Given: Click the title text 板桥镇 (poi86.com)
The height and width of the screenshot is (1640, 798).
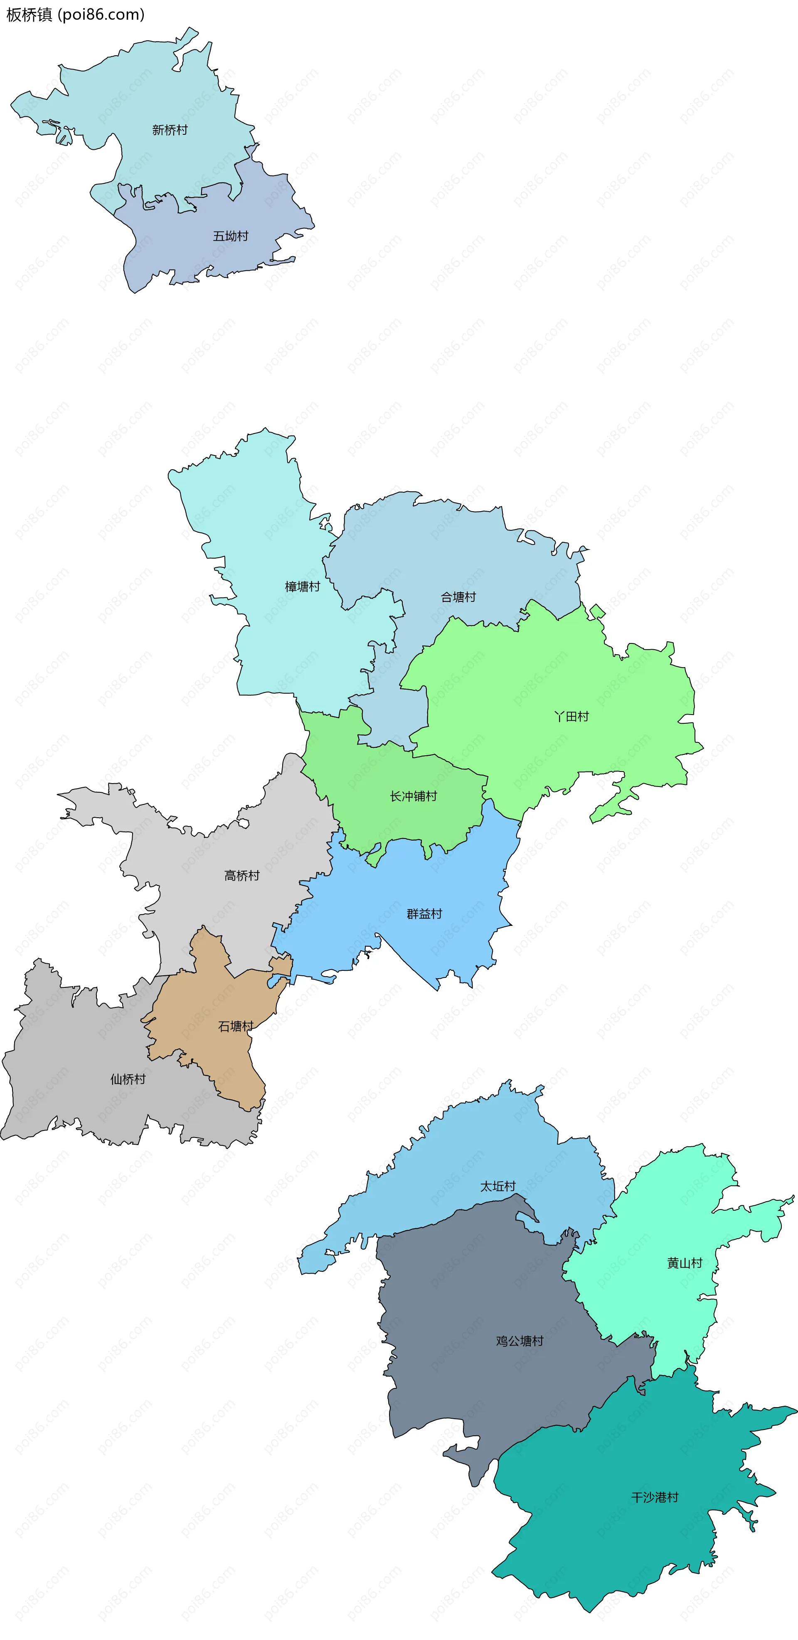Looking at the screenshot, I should [75, 15].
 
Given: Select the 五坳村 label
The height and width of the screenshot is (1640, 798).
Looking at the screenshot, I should [230, 236].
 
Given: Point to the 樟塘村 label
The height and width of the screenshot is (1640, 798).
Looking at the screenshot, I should [302, 586].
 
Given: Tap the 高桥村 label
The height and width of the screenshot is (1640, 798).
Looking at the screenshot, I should [242, 876].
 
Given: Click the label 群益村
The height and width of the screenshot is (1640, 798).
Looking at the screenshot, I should [424, 914].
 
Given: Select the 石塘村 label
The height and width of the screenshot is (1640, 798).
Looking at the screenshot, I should [236, 1026].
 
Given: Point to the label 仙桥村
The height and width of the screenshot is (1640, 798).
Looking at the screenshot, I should [128, 1079].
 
